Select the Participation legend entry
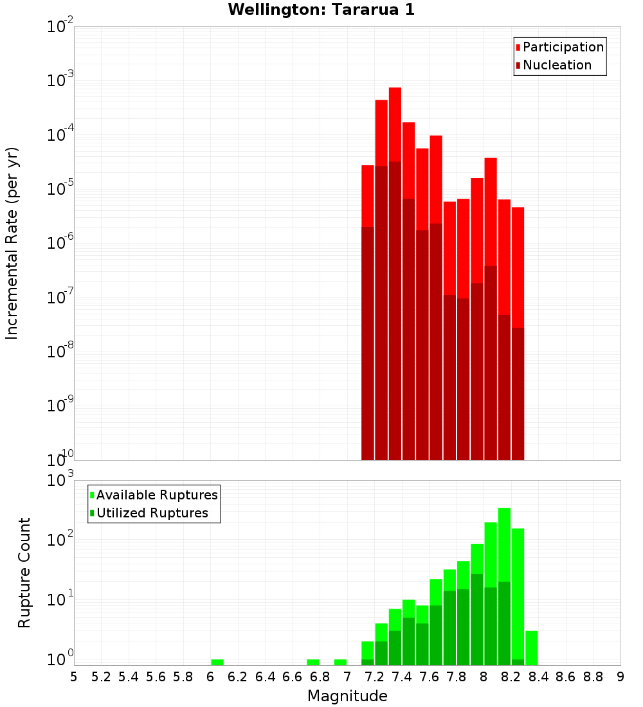point(563,47)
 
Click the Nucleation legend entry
point(557,65)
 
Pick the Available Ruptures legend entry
point(157,495)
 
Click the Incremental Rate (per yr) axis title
point(12,243)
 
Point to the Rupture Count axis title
point(24,572)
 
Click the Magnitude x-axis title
point(347,696)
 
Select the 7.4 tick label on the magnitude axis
point(402,677)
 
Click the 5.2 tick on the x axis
point(101,677)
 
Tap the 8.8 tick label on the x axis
point(593,677)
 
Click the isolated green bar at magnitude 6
point(217,662)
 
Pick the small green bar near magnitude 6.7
point(313,662)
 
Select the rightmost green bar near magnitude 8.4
point(532,648)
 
